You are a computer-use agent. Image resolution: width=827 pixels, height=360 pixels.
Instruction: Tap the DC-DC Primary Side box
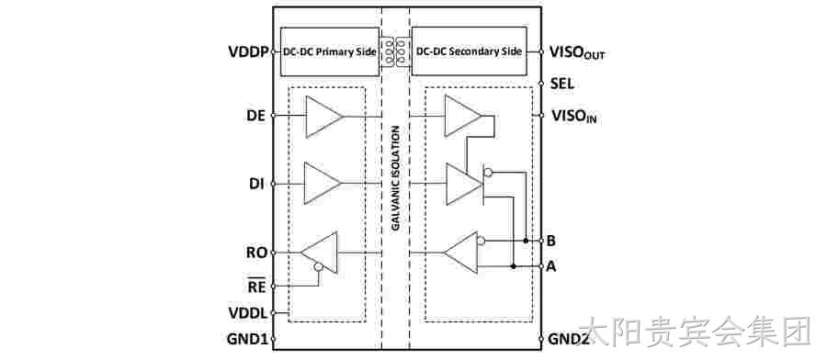click(330, 51)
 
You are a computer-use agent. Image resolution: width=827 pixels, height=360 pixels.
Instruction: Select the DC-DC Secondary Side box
click(469, 51)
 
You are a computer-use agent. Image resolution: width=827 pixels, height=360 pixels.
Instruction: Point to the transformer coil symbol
click(395, 51)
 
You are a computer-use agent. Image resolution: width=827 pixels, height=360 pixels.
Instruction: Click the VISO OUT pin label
click(577, 52)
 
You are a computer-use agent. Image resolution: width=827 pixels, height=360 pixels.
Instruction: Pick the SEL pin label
click(562, 84)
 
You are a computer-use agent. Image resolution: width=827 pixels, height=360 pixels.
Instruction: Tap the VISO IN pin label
click(573, 116)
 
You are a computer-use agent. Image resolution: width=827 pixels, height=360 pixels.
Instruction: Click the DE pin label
click(255, 116)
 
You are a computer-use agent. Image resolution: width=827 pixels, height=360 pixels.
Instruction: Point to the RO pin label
click(257, 253)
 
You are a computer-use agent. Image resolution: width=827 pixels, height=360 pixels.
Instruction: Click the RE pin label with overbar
click(257, 287)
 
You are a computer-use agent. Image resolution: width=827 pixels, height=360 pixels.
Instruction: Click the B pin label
click(550, 241)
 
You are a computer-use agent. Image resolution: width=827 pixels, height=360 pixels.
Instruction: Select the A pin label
click(551, 266)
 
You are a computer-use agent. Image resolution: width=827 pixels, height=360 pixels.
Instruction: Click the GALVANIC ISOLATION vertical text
click(395, 177)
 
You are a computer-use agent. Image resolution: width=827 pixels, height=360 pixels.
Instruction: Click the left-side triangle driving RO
click(319, 253)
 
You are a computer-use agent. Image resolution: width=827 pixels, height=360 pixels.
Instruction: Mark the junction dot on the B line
click(526, 241)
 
